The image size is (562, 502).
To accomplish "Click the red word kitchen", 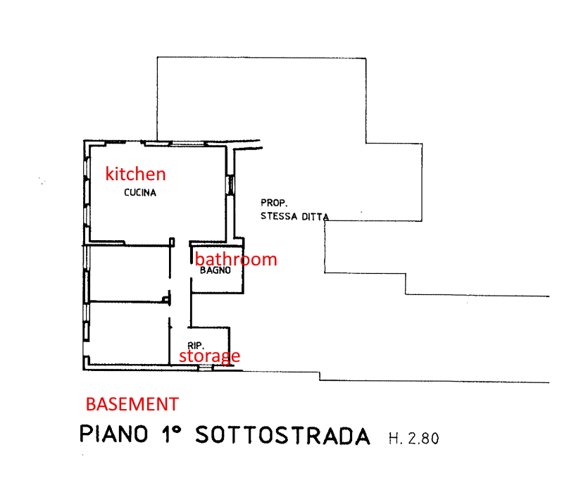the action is tap(135, 174).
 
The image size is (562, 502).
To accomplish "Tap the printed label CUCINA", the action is tap(140, 193).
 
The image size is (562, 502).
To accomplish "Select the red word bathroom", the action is tap(236, 258).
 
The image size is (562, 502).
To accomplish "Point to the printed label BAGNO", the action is tap(215, 270).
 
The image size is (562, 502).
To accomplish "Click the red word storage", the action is tap(210, 356).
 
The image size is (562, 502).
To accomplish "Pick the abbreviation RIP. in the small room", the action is tap(196, 346).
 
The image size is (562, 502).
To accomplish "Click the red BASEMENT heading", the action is tap(132, 404).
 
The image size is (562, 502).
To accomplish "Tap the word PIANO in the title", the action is tap(113, 434).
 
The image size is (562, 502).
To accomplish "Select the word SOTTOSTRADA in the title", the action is tap(282, 435).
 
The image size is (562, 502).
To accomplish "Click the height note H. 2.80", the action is tap(414, 439).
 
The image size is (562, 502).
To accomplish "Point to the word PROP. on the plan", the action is tap(274, 203).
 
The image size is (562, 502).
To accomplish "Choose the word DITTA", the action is tap(316, 217).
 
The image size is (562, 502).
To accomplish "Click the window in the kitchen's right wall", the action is tap(230, 185).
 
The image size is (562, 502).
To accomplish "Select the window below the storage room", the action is tap(206, 368).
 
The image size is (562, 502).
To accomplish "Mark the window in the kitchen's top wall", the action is tap(187, 144).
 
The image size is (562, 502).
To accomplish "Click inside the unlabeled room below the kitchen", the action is tap(129, 273).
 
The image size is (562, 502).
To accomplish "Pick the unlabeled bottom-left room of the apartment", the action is tap(129, 333).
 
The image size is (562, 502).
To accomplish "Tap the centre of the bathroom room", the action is tap(217, 270).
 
